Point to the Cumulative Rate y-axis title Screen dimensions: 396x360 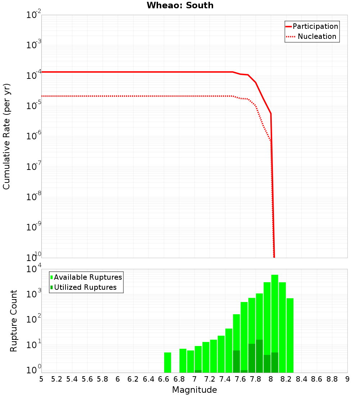(6, 136)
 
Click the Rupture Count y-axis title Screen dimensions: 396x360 (14, 320)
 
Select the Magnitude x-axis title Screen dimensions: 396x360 (194, 390)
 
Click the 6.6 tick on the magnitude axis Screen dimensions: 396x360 (164, 379)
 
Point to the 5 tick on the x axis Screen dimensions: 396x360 (41, 379)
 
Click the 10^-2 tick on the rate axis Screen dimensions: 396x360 (34, 15)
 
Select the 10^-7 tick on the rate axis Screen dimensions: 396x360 (34, 167)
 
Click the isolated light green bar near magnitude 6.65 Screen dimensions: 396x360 (167, 362)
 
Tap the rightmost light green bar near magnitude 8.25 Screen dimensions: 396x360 (290, 335)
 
